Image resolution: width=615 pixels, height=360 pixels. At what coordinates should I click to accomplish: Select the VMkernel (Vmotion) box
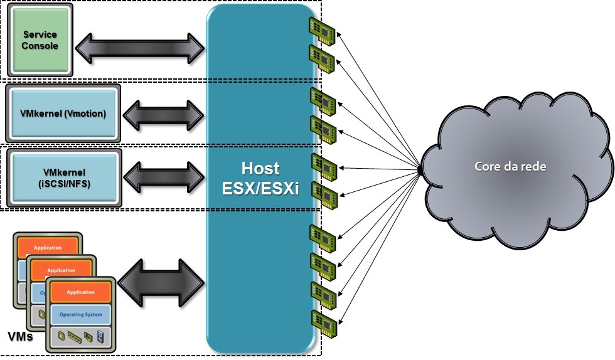(63, 114)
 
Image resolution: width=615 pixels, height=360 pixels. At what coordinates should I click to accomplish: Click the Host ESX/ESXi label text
(260, 178)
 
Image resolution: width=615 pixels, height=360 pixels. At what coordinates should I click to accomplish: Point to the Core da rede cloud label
(510, 167)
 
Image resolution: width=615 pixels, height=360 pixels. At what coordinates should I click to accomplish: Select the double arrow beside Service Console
(141, 47)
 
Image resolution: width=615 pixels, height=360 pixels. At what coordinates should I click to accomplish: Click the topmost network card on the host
(323, 30)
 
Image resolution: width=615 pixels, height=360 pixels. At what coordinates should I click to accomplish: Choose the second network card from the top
(323, 58)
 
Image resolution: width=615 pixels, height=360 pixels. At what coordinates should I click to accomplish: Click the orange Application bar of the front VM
(80, 292)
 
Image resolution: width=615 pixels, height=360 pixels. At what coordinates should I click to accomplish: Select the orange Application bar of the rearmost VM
(48, 248)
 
